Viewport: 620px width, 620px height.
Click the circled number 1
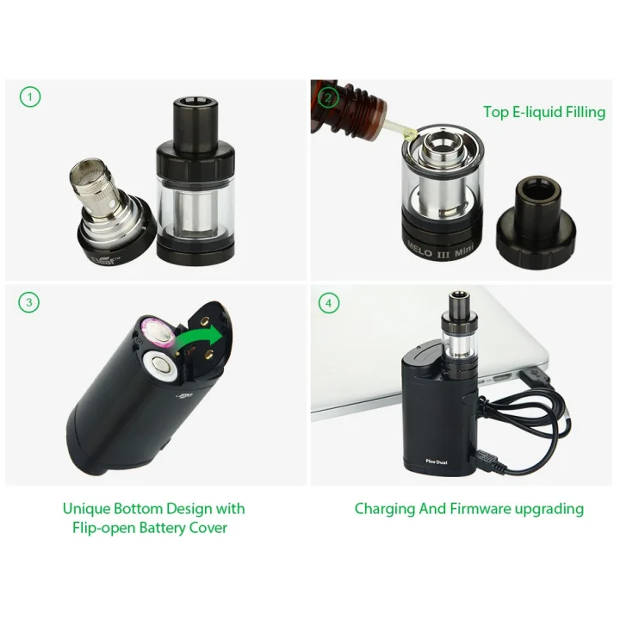click(x=30, y=96)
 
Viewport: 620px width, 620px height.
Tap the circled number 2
click(x=328, y=97)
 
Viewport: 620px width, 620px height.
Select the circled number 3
click(x=29, y=302)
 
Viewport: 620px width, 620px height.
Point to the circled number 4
click(x=329, y=303)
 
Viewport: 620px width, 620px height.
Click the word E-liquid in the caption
click(x=537, y=112)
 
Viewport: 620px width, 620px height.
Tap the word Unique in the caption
click(x=86, y=509)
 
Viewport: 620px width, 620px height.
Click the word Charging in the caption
click(x=385, y=509)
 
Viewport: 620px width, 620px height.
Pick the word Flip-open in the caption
click(x=104, y=528)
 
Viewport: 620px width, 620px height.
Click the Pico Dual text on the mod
click(x=437, y=462)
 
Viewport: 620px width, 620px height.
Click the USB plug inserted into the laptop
click(x=534, y=376)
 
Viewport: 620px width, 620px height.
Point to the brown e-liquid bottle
click(x=348, y=107)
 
